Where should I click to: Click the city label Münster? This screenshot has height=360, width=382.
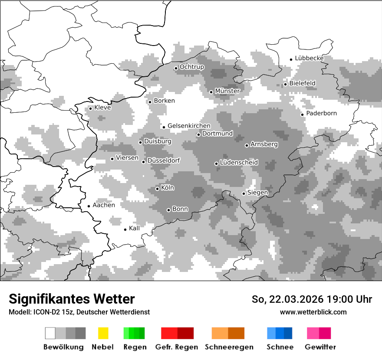click(x=227, y=91)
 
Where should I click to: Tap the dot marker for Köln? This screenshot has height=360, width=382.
click(x=157, y=189)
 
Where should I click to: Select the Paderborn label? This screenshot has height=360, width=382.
click(x=321, y=114)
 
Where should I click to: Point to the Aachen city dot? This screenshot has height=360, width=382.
click(x=89, y=206)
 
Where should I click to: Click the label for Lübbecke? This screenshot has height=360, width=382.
click(x=309, y=58)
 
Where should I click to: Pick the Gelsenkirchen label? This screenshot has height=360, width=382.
click(x=189, y=126)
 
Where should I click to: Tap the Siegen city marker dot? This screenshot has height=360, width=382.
click(x=244, y=193)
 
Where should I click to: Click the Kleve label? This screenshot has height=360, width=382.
click(x=102, y=108)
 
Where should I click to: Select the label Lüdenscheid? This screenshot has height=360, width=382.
click(x=239, y=163)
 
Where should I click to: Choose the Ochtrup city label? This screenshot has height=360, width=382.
click(x=191, y=67)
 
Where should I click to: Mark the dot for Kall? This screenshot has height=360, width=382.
click(x=125, y=229)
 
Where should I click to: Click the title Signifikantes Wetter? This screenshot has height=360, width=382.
click(x=72, y=299)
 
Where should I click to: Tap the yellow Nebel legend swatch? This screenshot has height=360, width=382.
click(x=103, y=333)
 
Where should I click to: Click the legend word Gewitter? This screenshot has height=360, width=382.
click(x=320, y=347)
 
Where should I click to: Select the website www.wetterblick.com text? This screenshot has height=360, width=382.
click(x=313, y=312)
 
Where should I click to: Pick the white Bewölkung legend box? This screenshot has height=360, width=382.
click(x=50, y=333)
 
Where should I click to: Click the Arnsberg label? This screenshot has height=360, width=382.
click(x=264, y=144)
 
